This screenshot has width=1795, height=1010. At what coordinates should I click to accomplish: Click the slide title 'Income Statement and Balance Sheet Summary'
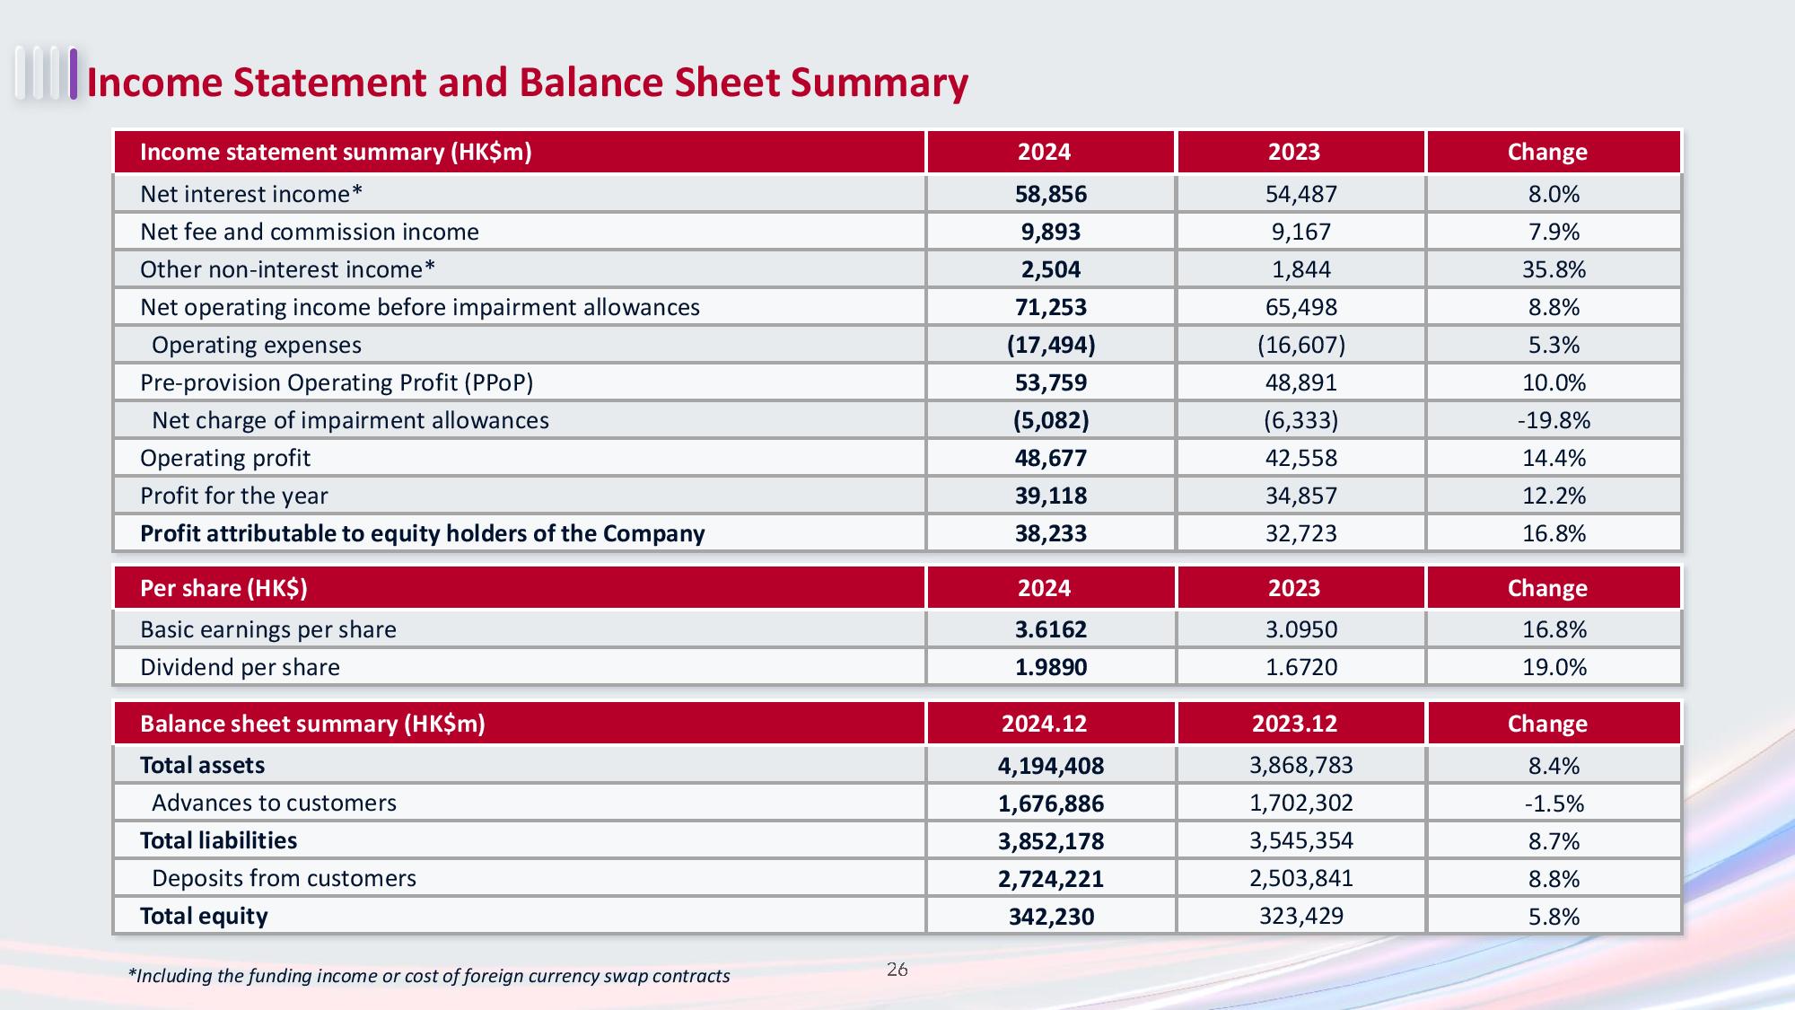(x=528, y=83)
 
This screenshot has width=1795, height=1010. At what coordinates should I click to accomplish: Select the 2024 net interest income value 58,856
(x=1051, y=194)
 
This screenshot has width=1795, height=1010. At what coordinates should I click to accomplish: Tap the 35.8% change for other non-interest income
(x=1554, y=269)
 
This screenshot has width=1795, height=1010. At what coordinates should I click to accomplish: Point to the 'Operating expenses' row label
(x=257, y=345)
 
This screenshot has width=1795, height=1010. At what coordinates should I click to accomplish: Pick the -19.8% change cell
(x=1554, y=420)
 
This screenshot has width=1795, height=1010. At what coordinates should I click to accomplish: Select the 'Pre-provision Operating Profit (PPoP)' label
(x=337, y=383)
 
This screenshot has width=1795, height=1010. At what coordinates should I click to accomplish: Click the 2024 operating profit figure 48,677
(x=1051, y=458)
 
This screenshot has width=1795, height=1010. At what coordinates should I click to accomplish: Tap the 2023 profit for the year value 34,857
(x=1301, y=496)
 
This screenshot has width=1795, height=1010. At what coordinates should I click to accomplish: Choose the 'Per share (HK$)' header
(x=223, y=588)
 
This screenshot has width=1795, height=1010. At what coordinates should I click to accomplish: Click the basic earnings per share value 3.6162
(x=1051, y=629)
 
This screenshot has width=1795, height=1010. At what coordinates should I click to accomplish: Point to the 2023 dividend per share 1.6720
(x=1301, y=667)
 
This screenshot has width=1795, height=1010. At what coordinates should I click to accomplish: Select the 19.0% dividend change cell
(x=1554, y=667)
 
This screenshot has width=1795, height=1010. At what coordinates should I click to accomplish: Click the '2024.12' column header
(x=1044, y=724)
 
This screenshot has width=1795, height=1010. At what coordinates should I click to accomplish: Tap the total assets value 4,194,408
(x=1051, y=766)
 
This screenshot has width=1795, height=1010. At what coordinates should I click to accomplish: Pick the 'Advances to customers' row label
(x=274, y=803)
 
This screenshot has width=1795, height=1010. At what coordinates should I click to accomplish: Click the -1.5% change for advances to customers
(x=1554, y=804)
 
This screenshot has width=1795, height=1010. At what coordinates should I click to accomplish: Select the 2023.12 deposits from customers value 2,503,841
(x=1301, y=878)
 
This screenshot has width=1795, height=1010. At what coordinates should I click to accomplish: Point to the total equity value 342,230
(x=1051, y=917)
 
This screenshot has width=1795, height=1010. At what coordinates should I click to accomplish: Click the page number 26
(x=897, y=970)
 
